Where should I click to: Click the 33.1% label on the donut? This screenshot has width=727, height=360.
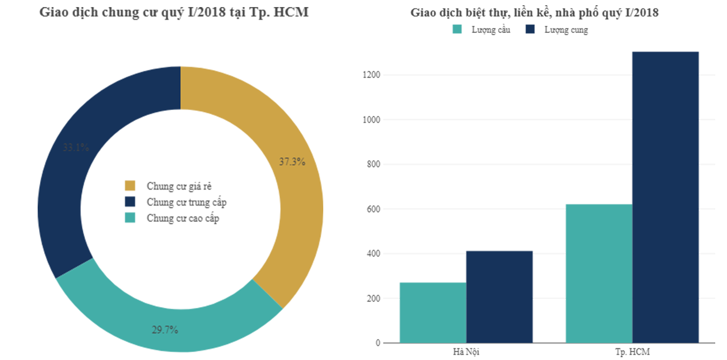76,148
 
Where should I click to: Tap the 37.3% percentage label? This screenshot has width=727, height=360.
292,162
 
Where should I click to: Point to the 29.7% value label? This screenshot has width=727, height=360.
165,330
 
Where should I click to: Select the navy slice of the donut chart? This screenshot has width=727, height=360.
75,188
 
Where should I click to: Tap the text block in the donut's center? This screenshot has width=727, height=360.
181,200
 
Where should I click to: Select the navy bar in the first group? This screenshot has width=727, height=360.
500,287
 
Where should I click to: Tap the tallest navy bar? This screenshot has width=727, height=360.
673,188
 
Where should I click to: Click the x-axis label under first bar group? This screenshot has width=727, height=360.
466,351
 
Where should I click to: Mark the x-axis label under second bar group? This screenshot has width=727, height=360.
633,351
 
